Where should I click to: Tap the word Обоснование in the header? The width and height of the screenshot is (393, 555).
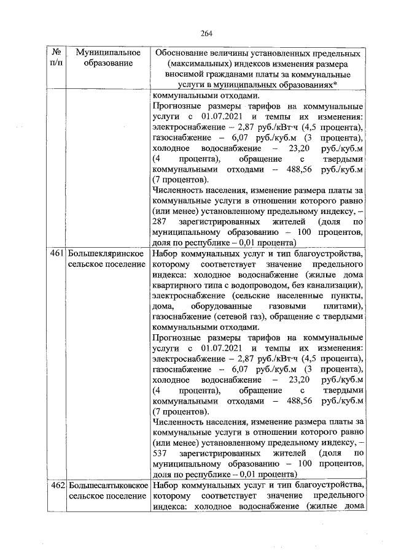point(185,53)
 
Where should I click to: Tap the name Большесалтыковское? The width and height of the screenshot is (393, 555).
point(105,485)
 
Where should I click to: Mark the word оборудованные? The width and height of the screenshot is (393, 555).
point(217,306)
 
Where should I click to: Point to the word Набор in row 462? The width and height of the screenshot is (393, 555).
point(165,485)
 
